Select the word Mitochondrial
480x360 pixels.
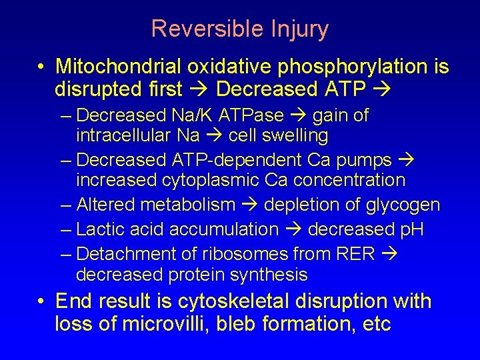119,67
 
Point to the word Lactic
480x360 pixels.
98,229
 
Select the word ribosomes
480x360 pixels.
232,254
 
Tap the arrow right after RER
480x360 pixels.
387,254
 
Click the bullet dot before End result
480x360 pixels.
41,302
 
